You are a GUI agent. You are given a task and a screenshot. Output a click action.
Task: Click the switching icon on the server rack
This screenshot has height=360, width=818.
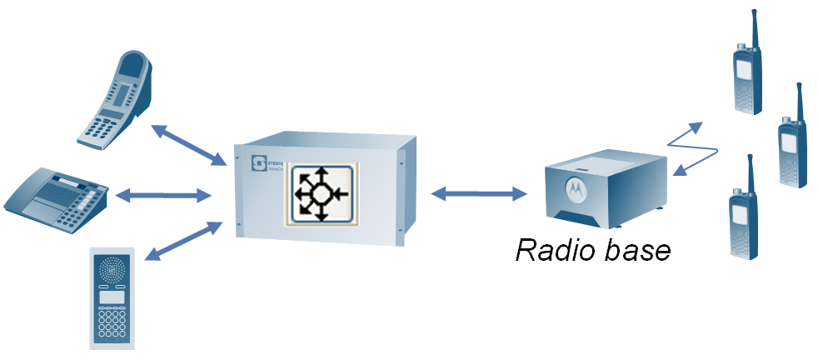(x=320, y=194)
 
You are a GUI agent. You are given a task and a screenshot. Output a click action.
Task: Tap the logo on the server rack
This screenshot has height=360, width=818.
(x=259, y=160)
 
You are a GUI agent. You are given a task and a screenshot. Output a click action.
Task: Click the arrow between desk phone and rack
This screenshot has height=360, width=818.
(x=163, y=196)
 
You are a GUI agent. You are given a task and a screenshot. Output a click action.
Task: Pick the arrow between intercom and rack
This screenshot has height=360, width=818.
(x=184, y=241)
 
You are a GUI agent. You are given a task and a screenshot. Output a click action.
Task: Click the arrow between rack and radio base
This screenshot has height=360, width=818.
(x=480, y=194)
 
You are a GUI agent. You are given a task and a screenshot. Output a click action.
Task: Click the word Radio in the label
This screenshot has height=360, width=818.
(x=556, y=250)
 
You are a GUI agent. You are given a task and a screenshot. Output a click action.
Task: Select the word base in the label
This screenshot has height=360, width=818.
(x=636, y=250)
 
